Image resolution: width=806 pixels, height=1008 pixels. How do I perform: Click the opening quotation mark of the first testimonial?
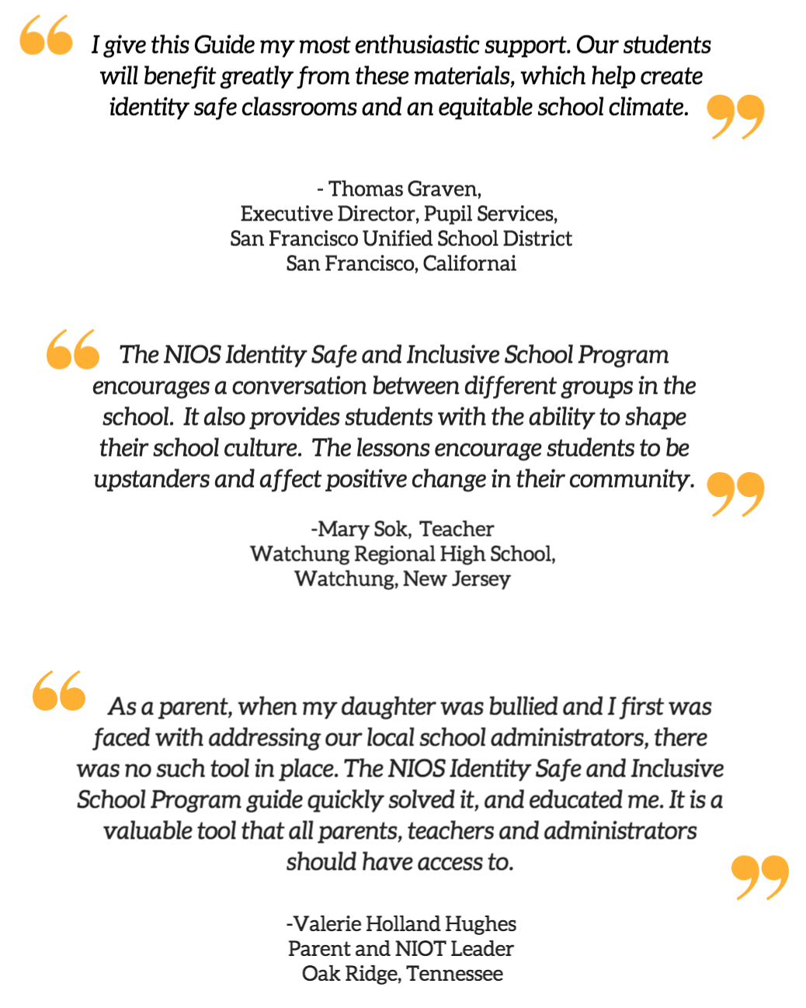click(x=46, y=36)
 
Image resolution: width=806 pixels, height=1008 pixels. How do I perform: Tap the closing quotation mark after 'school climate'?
click(x=735, y=116)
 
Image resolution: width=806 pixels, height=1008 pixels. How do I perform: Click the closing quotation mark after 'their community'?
click(x=735, y=494)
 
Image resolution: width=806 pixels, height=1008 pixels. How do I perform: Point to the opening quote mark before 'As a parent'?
click(x=59, y=690)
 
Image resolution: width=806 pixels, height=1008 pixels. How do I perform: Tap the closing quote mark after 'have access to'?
click(x=759, y=878)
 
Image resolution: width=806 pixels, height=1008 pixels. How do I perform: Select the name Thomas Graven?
click(x=405, y=189)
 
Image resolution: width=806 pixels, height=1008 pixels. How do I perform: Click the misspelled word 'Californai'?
click(x=470, y=263)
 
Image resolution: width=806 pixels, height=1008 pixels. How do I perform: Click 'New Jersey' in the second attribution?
click(x=457, y=579)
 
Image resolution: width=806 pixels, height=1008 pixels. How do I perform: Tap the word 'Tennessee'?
click(x=454, y=973)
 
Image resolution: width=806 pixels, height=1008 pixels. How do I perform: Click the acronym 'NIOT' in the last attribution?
click(x=420, y=948)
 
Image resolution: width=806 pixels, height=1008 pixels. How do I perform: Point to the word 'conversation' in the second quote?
click(x=298, y=386)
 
